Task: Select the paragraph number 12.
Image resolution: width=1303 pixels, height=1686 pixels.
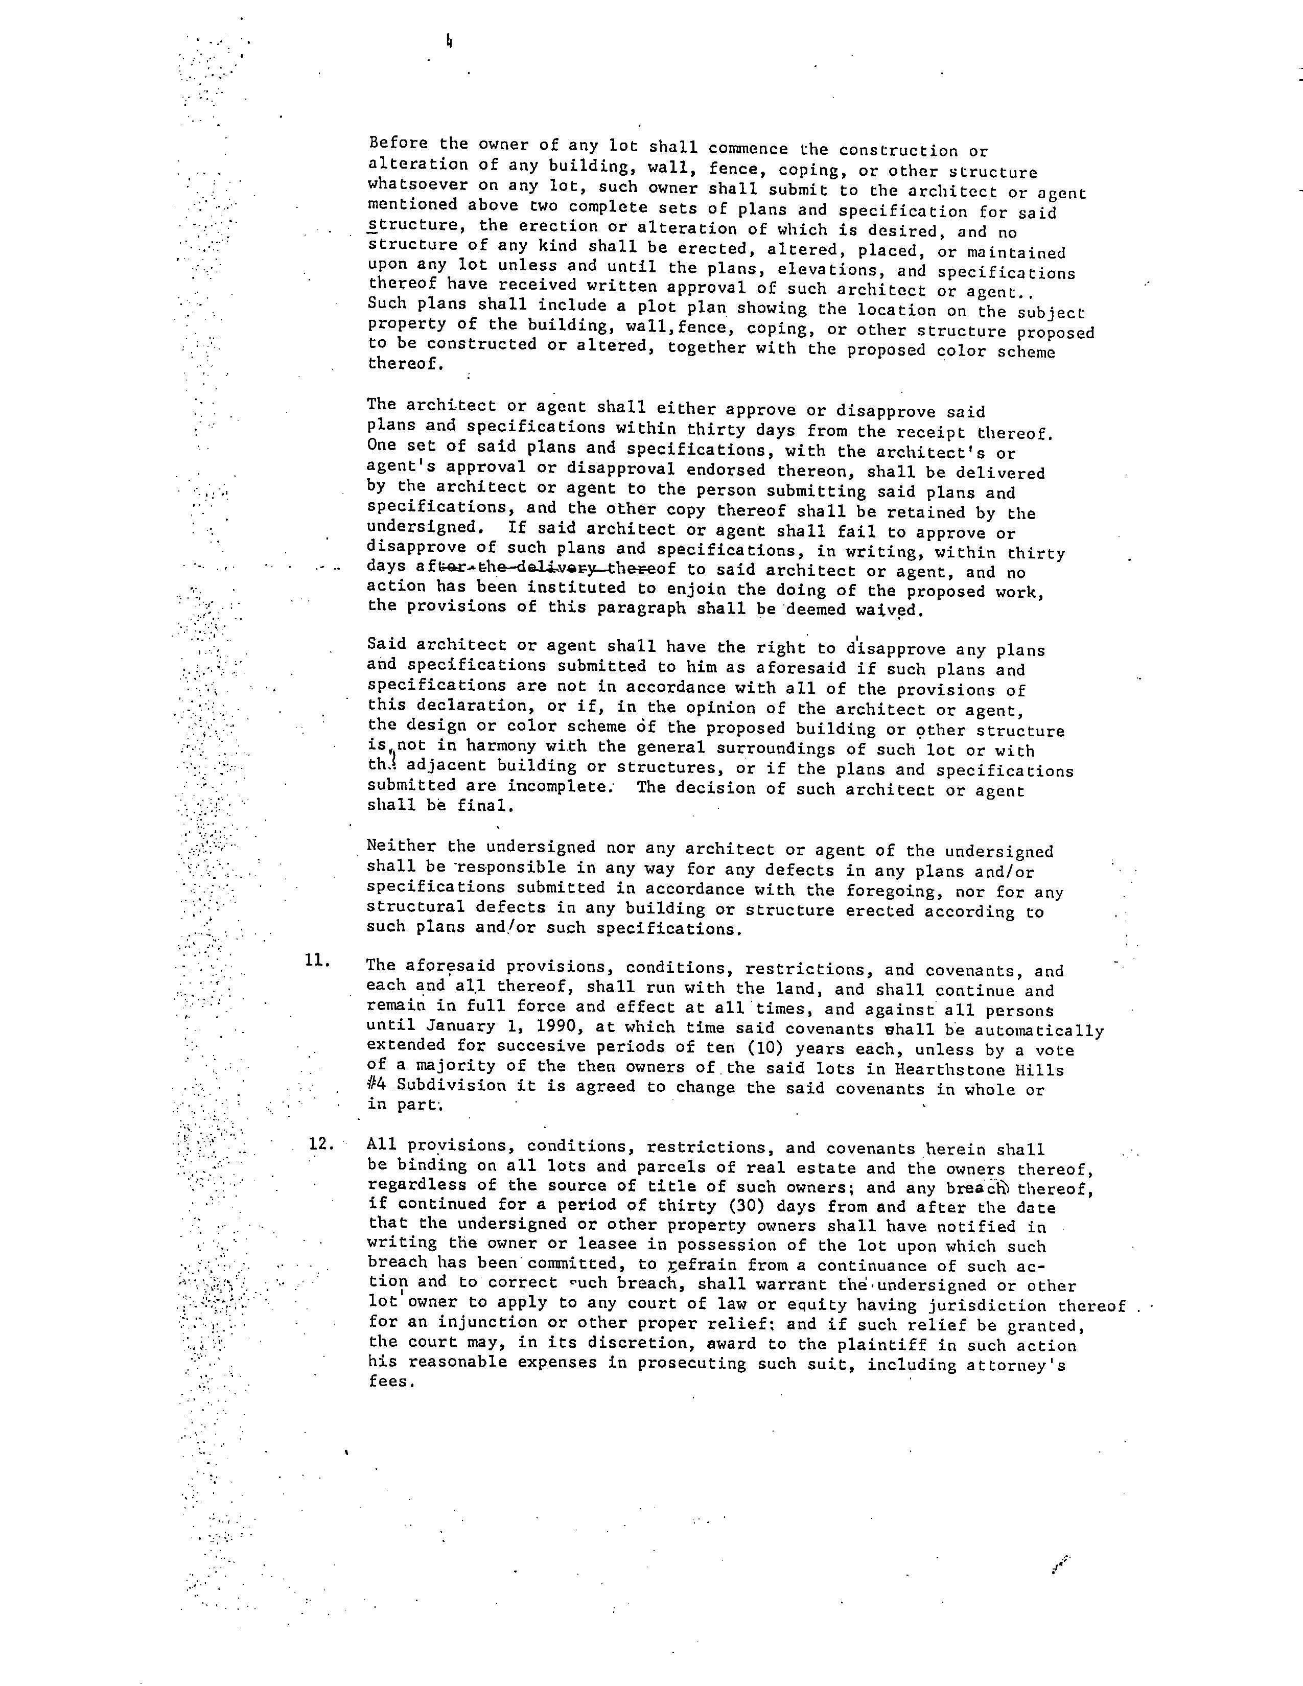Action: coord(320,1143)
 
